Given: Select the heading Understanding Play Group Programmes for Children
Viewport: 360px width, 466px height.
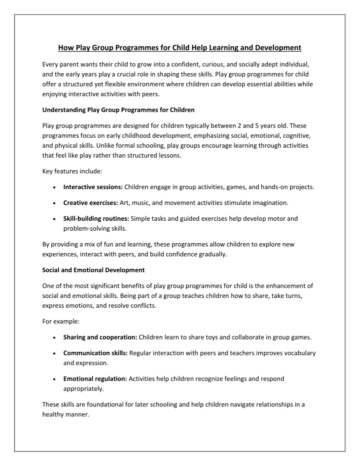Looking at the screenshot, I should click(x=118, y=109).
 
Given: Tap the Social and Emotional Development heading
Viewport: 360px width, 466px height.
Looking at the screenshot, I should click(x=93, y=270).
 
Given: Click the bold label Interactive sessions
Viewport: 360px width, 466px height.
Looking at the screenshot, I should click(x=93, y=187).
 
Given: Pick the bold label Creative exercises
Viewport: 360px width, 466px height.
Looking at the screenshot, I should click(x=90, y=203).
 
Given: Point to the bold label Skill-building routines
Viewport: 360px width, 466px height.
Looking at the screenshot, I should click(x=96, y=219).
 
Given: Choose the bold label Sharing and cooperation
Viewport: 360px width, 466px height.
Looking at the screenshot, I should click(x=100, y=337).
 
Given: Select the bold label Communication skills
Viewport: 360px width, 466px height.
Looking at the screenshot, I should click(x=95, y=353).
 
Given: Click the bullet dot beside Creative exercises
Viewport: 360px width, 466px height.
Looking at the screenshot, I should click(x=53, y=203).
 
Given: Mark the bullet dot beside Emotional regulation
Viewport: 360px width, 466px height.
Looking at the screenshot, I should click(x=53, y=379).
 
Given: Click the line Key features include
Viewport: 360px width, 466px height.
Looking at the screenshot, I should click(x=72, y=171).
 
